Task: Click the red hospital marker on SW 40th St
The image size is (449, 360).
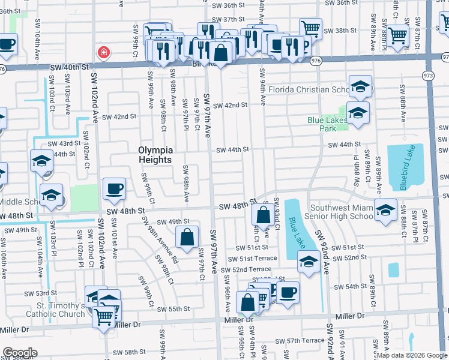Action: click(104, 53)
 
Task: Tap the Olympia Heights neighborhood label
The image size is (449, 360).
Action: click(155, 155)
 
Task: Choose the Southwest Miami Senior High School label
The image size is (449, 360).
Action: click(339, 212)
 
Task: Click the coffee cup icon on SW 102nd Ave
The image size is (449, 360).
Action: click(114, 188)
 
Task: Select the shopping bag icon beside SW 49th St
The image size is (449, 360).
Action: click(187, 236)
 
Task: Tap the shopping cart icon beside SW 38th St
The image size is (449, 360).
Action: click(310, 28)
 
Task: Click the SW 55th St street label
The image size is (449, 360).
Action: click(173, 309)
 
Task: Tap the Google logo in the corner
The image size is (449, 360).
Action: click(20, 353)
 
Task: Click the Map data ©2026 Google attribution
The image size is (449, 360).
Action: click(411, 355)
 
